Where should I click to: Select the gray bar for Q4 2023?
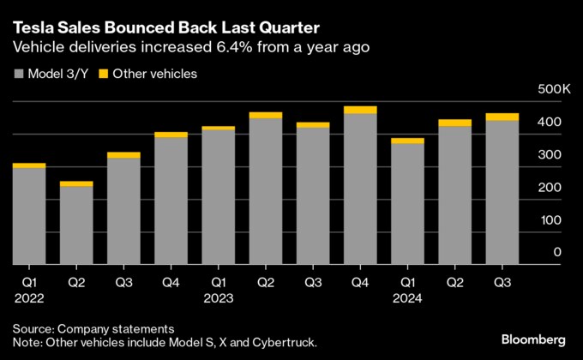(x=360, y=189)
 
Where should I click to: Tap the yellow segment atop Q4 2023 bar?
(x=360, y=110)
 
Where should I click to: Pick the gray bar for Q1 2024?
(x=407, y=204)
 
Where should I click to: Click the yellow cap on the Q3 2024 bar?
(x=502, y=117)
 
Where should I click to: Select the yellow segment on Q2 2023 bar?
(x=266, y=115)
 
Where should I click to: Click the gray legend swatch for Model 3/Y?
(x=17, y=75)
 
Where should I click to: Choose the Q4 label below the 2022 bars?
(x=171, y=281)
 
